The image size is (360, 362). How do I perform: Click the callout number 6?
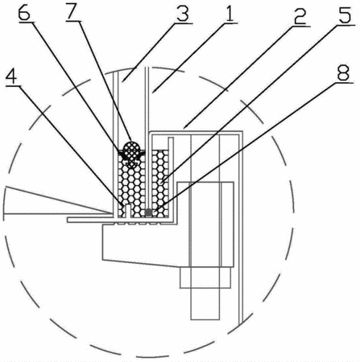(x=24, y=13)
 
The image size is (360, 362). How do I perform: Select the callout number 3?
(x=183, y=14)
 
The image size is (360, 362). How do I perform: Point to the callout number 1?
(x=230, y=13)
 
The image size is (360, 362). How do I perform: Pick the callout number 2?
(x=300, y=16)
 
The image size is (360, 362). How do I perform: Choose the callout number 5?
(x=345, y=14)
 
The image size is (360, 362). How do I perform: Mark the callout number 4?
(x=11, y=75)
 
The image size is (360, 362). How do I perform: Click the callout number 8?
(x=344, y=72)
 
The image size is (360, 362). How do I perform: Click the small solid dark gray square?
(x=148, y=212)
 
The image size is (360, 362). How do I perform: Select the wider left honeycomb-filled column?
(x=131, y=185)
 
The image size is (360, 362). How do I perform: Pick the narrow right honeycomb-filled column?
(x=160, y=183)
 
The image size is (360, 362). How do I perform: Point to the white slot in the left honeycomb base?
(x=128, y=211)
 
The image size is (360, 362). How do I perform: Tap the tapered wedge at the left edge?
(x=57, y=200)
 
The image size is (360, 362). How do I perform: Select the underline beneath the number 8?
(x=344, y=83)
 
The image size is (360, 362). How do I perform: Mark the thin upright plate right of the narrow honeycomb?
(x=171, y=178)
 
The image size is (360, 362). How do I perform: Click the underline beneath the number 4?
(x=12, y=84)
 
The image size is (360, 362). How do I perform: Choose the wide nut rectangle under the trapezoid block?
(x=205, y=278)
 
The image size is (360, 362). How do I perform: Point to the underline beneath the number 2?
(x=300, y=26)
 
